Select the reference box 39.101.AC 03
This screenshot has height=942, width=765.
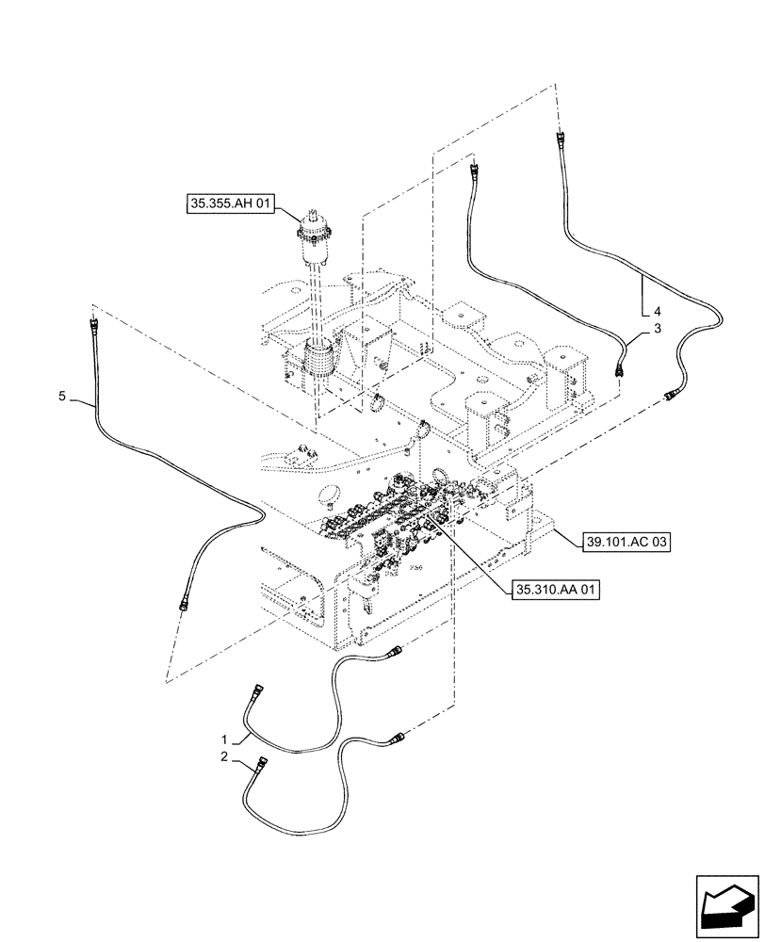tap(628, 544)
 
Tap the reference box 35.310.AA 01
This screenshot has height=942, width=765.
tap(557, 591)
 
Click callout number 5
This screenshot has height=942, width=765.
tap(62, 398)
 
